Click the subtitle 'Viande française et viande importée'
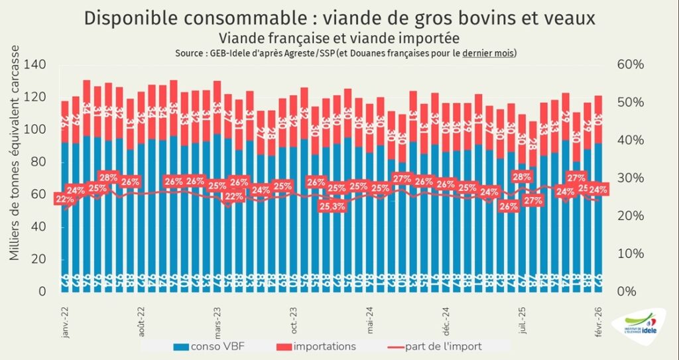(339, 38)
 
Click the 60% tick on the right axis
(629, 65)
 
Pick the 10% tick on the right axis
(629, 254)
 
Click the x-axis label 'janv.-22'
(65, 323)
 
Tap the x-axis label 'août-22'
(141, 322)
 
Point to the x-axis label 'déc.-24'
(446, 322)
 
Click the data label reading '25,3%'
(331, 206)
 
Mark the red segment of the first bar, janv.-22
(65, 121)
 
